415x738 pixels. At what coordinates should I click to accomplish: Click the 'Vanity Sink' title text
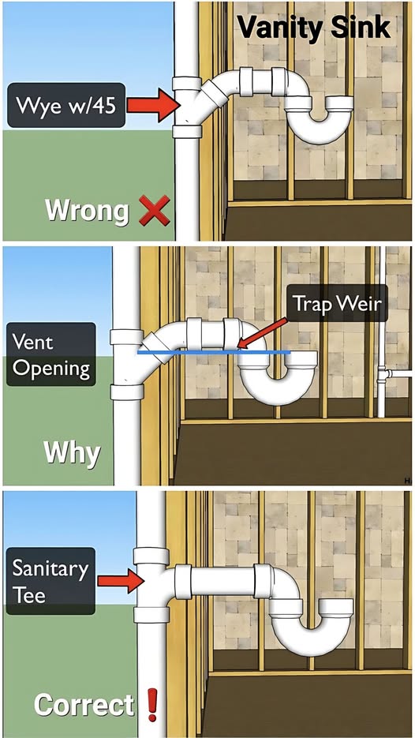[x=313, y=27]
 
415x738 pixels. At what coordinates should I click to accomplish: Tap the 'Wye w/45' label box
[x=66, y=106]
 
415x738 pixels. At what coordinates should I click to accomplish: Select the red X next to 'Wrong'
[x=155, y=211]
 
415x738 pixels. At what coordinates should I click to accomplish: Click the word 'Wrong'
[x=87, y=211]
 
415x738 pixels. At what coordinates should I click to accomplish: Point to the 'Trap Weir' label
[x=337, y=304]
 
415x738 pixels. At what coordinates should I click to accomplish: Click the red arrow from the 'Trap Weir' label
[x=263, y=334]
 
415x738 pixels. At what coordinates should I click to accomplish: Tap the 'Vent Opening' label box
[x=51, y=354]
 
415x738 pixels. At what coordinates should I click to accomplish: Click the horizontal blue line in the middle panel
[x=214, y=351]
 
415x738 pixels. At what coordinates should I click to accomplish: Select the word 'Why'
[x=72, y=454]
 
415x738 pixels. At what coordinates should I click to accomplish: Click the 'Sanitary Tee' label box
[x=50, y=581]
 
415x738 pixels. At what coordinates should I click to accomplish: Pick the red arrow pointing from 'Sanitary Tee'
[x=121, y=581]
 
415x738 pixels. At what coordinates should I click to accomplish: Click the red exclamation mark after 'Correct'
[x=152, y=705]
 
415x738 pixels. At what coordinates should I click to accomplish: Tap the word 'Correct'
[x=84, y=705]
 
